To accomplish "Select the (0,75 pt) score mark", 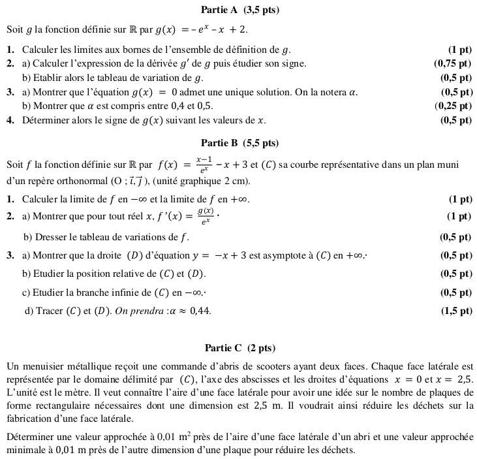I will click(452, 63).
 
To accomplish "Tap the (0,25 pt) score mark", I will click(452, 105).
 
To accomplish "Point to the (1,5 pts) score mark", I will click(456, 311).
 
